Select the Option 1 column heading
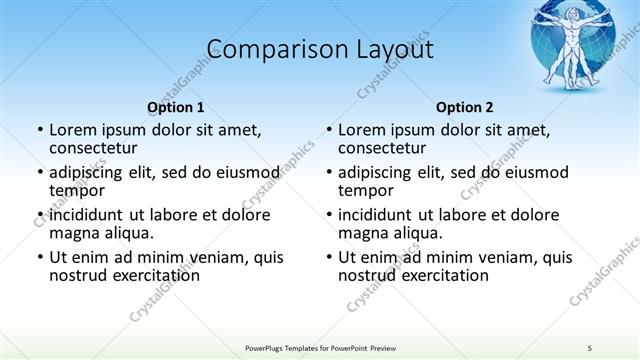coord(176,107)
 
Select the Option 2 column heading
coord(465,107)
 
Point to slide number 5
coord(590,346)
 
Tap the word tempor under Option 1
coord(77,190)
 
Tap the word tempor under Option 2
coord(366,190)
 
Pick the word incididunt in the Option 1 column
coord(85,214)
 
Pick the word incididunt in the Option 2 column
coord(374,214)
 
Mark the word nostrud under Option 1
coord(77,275)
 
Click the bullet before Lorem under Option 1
coord(39,130)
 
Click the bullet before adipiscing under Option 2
coord(328,172)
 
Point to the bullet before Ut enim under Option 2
coord(328,257)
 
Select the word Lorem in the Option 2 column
coord(361,130)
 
